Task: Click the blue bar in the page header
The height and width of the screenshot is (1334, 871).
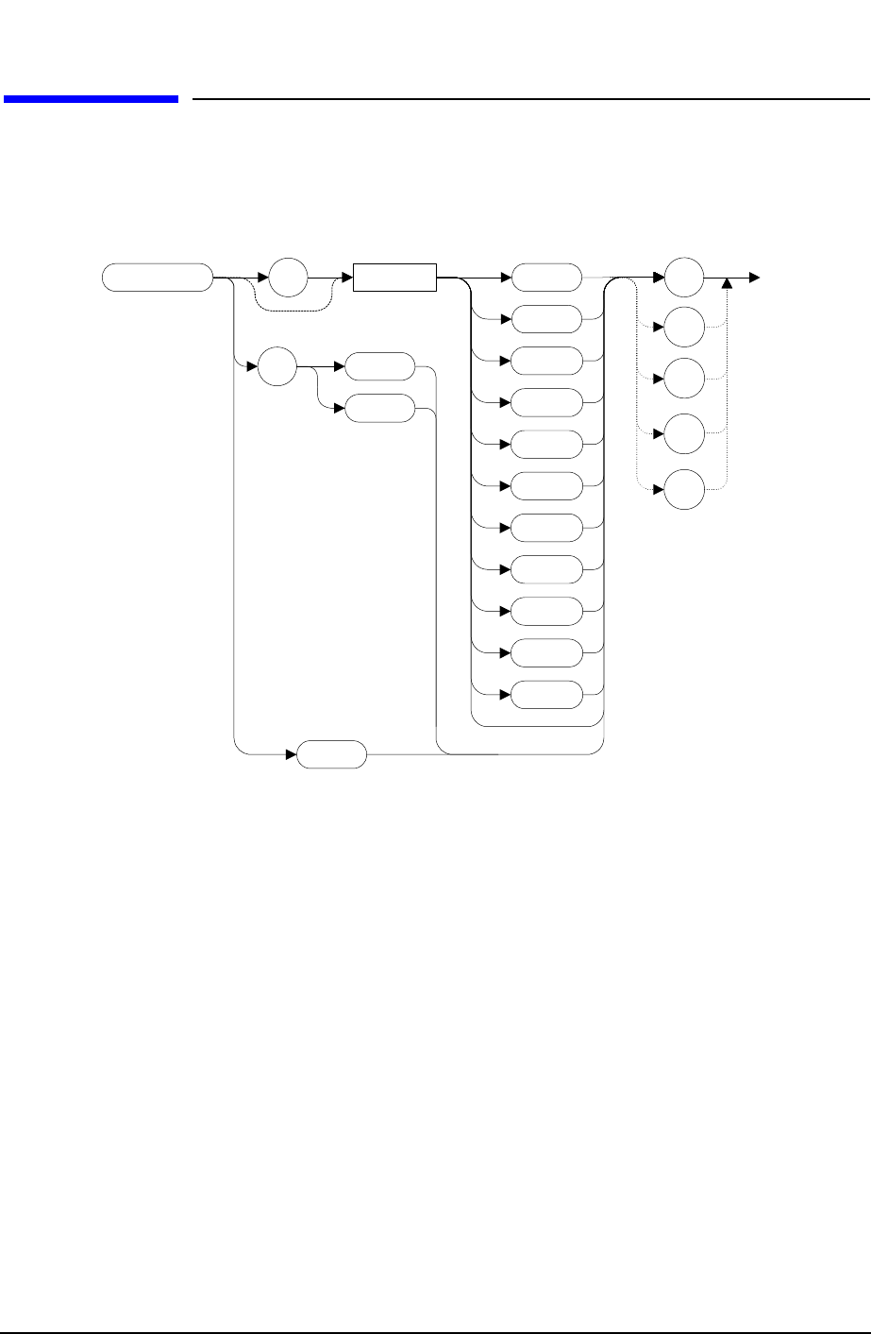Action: [91, 98]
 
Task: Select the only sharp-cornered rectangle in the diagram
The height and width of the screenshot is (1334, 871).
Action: [394, 279]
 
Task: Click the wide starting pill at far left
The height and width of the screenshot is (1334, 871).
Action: [158, 279]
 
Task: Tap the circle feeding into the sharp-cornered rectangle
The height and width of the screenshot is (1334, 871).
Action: [289, 279]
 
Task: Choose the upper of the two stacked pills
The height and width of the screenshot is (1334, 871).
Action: [380, 365]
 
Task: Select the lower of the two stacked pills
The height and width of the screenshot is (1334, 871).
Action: [380, 408]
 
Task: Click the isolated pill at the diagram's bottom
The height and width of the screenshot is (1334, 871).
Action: [331, 754]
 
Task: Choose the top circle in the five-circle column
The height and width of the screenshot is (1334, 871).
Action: [684, 279]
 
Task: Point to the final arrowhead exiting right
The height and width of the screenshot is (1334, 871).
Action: [753, 279]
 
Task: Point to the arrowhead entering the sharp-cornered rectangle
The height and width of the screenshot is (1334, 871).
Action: [346, 279]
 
